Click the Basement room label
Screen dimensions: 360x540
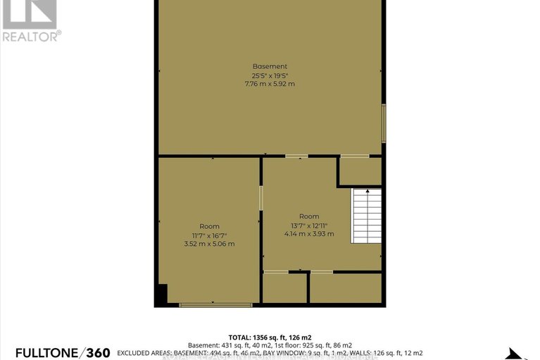270,66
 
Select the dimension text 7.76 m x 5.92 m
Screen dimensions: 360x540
270,84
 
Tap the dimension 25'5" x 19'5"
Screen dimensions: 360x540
270,75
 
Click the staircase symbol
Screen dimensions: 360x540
366,216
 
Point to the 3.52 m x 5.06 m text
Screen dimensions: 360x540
208,244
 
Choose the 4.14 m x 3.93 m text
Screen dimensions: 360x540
309,234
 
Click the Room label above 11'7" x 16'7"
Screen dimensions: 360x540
208,226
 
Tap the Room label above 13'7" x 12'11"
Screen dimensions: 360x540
309,216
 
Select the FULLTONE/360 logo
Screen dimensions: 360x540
56,352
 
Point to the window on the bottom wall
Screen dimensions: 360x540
215,304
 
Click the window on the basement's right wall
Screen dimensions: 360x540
384,123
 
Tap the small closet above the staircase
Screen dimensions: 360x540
360,171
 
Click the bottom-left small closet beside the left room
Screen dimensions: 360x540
284,287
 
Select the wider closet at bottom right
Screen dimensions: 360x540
346,287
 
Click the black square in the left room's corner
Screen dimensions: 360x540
162,294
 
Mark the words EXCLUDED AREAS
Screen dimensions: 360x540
144,352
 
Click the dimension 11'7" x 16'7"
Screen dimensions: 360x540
208,235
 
